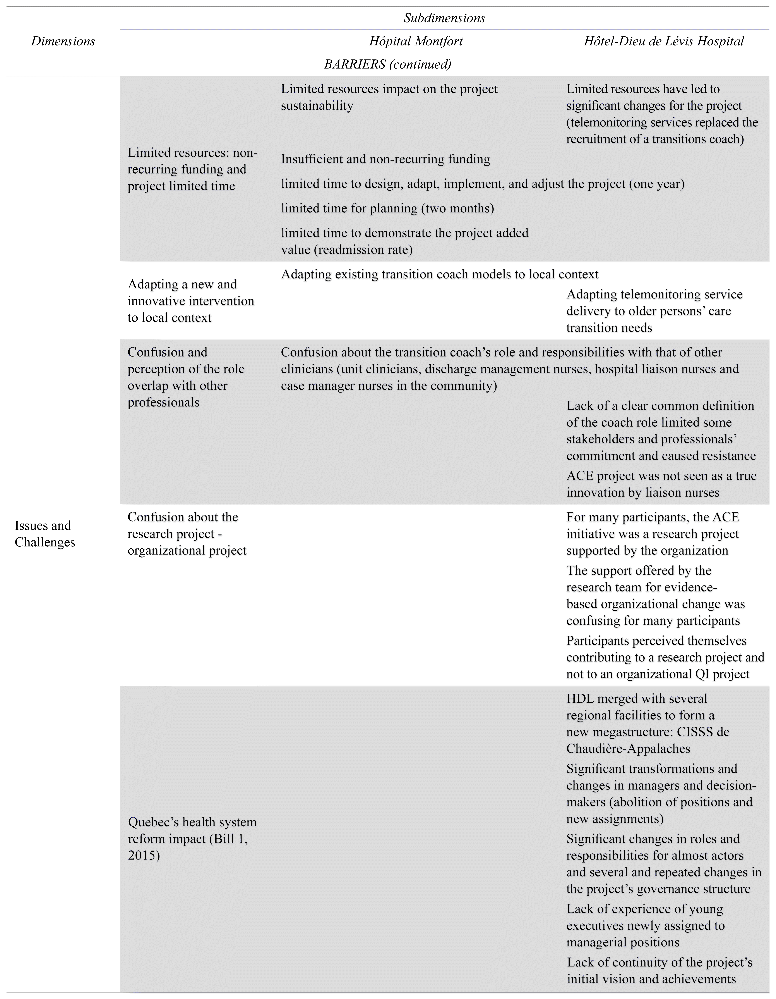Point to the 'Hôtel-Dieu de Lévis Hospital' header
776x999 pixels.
[664, 41]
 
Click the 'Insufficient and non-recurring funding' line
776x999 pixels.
[385, 159]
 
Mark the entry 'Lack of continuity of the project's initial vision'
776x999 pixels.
[660, 970]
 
